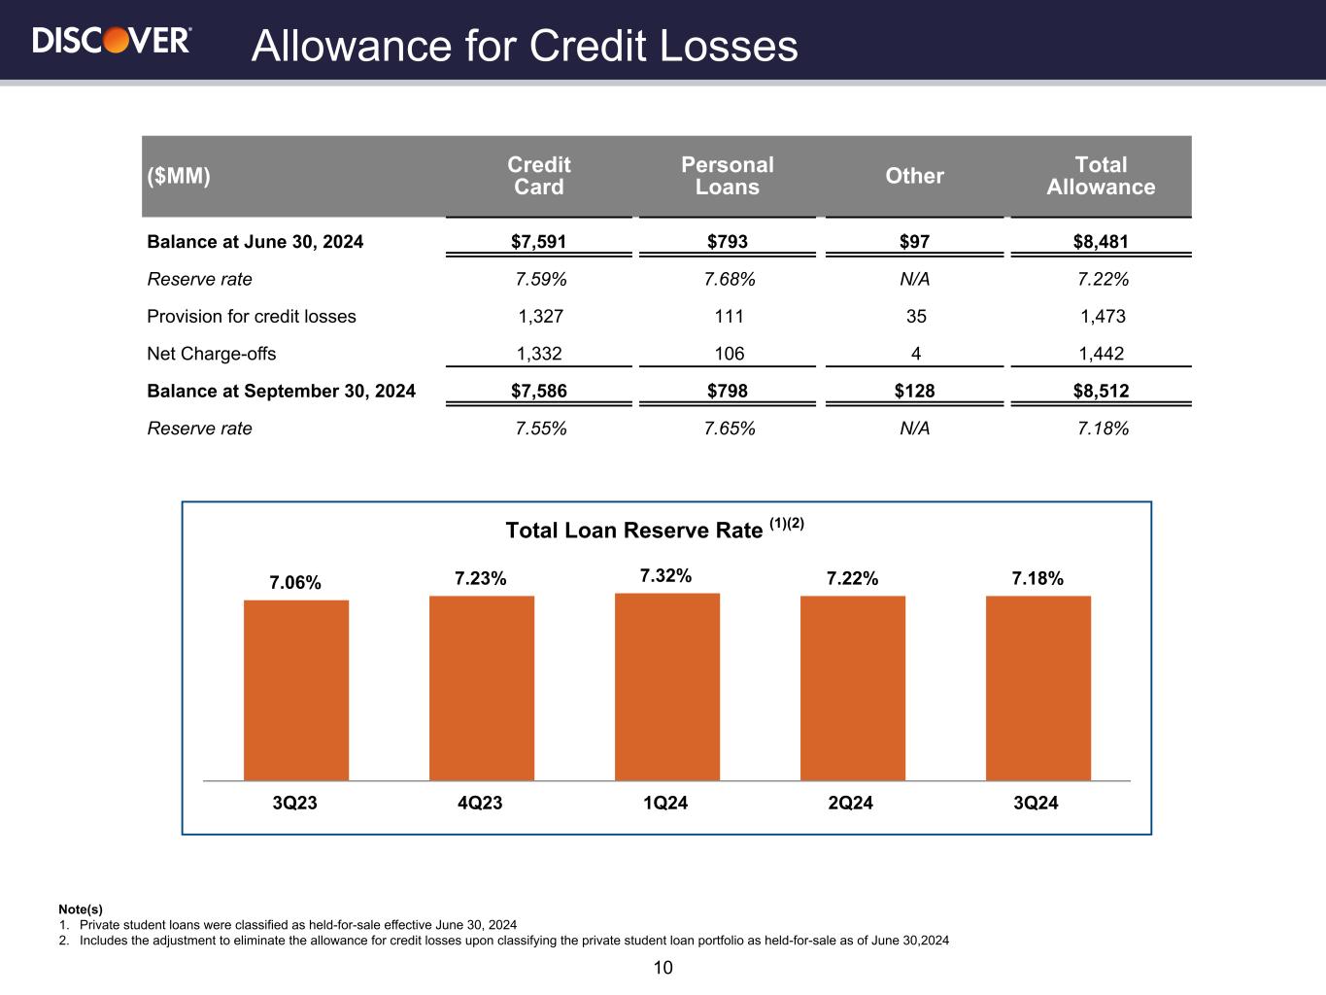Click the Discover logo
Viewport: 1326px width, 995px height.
click(112, 40)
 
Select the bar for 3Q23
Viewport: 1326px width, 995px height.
click(296, 690)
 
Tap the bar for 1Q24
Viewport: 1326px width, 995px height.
click(667, 686)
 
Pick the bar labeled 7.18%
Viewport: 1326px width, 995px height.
click(1037, 688)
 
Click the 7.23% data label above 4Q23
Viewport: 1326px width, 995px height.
click(481, 579)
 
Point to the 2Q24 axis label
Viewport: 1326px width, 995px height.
click(850, 804)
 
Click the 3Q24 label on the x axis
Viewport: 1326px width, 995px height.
click(1036, 804)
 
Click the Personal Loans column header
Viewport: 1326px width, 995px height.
click(728, 176)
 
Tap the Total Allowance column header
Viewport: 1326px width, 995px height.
click(1101, 176)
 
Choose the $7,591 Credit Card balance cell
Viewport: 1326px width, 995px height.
click(538, 242)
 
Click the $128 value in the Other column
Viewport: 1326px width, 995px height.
click(914, 392)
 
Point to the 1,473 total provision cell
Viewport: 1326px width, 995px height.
click(1103, 317)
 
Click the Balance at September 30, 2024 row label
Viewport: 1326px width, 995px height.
click(281, 392)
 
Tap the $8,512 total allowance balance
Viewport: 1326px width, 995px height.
click(1103, 392)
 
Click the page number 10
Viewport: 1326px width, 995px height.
click(663, 968)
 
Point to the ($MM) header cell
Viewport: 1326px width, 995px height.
click(179, 176)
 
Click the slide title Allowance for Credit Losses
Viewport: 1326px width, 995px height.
click(525, 46)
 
